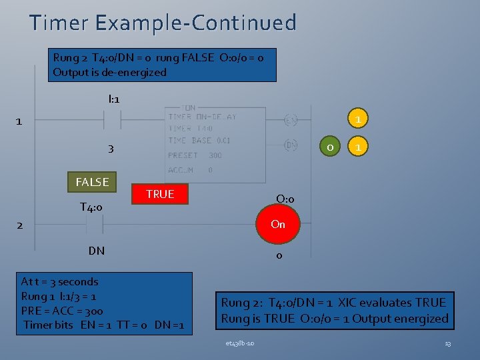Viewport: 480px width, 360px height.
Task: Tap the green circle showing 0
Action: [328, 146]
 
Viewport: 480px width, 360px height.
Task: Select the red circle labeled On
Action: [278, 225]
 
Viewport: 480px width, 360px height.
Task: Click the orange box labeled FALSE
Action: [92, 182]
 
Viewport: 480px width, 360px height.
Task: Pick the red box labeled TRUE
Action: [160, 194]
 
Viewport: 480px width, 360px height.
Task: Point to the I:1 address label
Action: [113, 99]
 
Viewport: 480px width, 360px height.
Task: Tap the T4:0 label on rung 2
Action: [91, 207]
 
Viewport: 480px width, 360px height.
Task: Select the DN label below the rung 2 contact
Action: [96, 251]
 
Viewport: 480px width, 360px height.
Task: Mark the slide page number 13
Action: [447, 343]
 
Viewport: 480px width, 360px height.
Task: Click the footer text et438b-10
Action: [239, 343]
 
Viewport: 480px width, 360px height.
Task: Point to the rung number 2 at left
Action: [19, 225]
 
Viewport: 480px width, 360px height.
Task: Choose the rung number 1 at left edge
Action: [19, 121]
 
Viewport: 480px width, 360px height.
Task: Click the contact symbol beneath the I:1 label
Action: [111, 121]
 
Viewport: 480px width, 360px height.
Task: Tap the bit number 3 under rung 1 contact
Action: [111, 149]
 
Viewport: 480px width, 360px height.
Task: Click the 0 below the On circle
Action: [279, 255]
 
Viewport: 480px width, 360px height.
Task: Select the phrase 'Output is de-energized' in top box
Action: [109, 72]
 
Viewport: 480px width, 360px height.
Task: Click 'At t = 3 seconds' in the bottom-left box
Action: [59, 281]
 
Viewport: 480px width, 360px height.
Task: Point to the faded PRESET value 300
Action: [215, 155]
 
